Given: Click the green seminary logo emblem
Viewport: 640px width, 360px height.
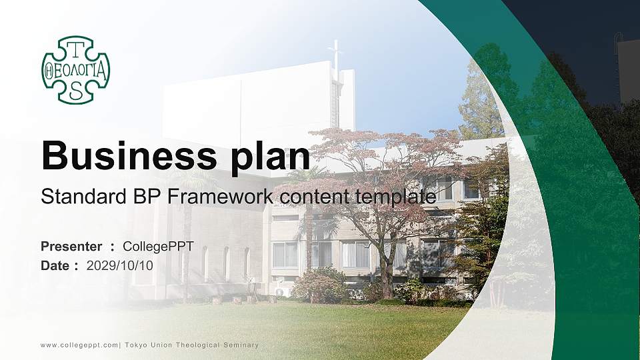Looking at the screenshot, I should point(75,70).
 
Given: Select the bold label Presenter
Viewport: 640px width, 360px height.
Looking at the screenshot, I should point(71,247).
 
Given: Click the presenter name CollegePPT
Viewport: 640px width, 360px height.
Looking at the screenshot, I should point(159,247).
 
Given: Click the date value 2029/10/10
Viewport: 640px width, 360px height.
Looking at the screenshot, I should point(120,265).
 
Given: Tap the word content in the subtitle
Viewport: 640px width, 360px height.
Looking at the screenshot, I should point(308,197).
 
